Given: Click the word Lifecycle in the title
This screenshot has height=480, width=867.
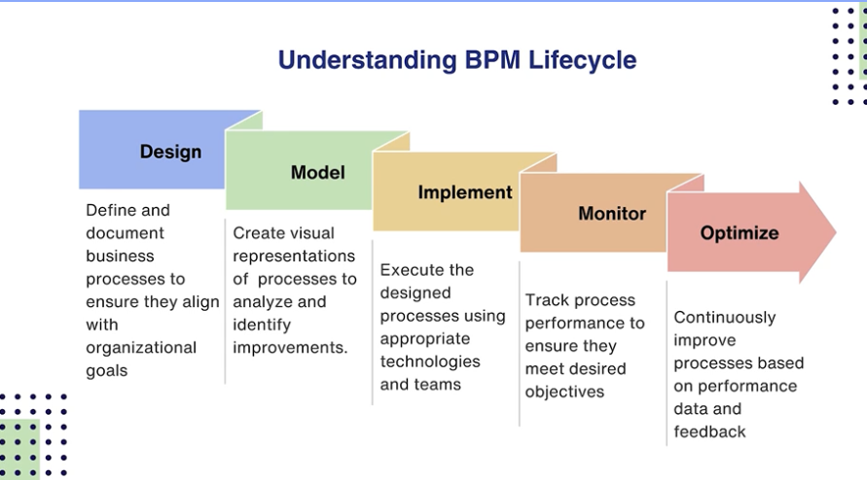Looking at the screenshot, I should [x=582, y=60].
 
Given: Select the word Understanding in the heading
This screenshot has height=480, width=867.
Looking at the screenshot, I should [x=366, y=60].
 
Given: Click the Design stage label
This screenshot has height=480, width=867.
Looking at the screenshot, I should [x=170, y=152].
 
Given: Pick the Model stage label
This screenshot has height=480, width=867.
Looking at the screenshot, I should [x=317, y=173].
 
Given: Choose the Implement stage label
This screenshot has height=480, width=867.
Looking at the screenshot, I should [x=465, y=192].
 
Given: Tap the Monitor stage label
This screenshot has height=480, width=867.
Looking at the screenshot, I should [x=612, y=214].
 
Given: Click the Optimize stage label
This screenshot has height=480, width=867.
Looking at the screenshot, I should [x=740, y=233].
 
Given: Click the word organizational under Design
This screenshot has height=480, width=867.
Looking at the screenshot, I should [x=141, y=348].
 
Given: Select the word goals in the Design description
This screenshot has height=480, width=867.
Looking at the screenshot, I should [x=106, y=370].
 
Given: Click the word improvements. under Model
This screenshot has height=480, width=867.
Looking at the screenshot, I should [x=290, y=348].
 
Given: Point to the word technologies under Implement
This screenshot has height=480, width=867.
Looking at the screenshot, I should [x=430, y=361].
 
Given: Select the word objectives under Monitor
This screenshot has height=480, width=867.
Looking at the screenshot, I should [x=564, y=392].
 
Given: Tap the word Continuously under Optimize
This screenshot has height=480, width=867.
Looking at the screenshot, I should [x=725, y=317].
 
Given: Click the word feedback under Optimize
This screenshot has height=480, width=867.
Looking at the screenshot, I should [x=709, y=431].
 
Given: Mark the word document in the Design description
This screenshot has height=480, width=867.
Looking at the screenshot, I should [x=125, y=233].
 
